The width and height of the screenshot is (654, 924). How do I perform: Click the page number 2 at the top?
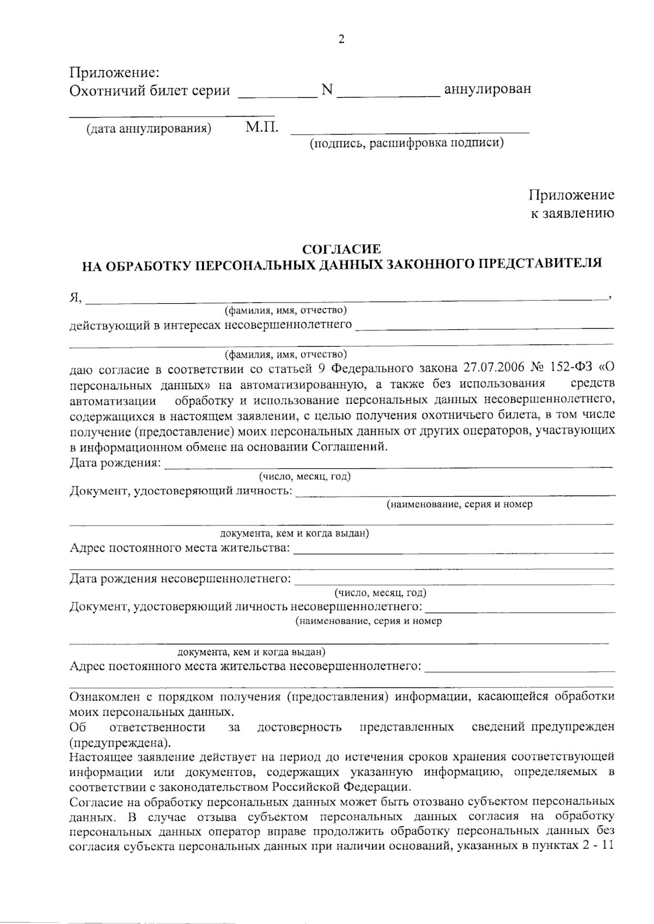tap(342, 39)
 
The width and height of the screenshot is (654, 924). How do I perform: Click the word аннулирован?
tap(488, 89)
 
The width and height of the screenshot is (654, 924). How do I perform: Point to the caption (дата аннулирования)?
tap(148, 129)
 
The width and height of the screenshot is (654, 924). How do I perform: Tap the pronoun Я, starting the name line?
tap(75, 297)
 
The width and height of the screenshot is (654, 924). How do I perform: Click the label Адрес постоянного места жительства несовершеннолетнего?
tap(245, 666)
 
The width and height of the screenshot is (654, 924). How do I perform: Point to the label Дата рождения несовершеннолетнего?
tap(180, 578)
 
